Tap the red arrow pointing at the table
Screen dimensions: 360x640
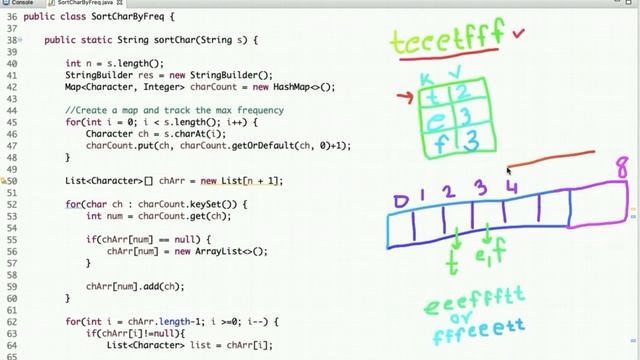[404, 97]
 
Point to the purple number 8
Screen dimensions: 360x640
[622, 165]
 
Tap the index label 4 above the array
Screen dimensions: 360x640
[511, 186]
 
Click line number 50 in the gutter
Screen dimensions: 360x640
[14, 181]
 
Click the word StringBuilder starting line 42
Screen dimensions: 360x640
[99, 75]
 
